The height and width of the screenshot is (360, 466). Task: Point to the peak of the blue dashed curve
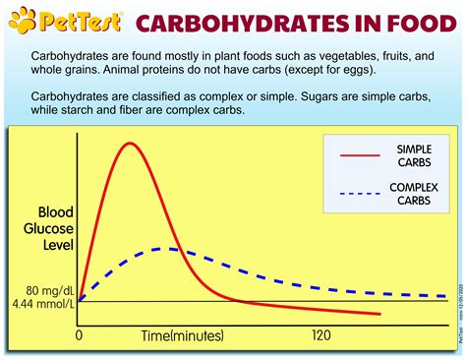(x=169, y=249)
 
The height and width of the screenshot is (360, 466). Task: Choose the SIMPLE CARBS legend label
(x=412, y=154)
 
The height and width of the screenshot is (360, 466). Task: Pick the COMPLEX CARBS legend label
(x=412, y=194)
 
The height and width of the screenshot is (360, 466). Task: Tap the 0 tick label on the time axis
(x=80, y=335)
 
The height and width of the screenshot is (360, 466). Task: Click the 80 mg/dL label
(x=42, y=290)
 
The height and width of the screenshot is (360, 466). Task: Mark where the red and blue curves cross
(x=179, y=250)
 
